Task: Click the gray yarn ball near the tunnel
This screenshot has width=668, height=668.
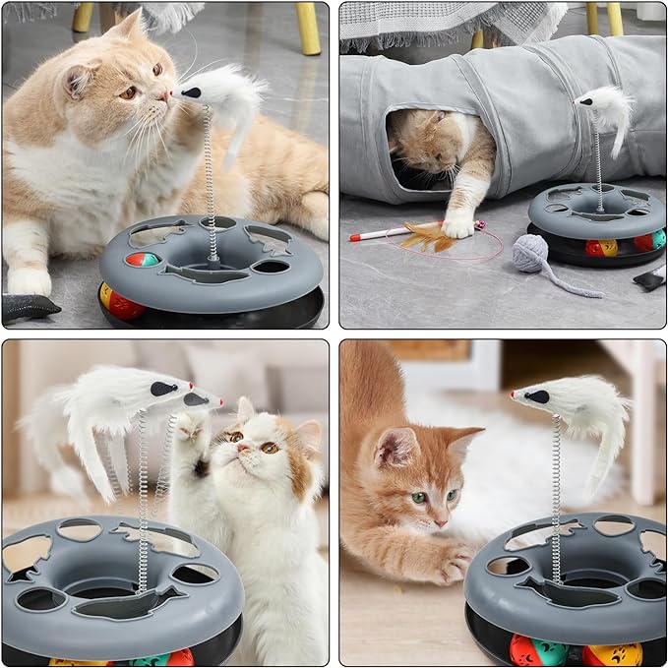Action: click(530, 253)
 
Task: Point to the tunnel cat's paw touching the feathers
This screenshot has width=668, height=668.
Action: click(456, 227)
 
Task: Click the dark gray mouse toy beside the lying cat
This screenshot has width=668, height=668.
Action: click(28, 308)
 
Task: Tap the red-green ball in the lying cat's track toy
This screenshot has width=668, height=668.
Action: click(142, 260)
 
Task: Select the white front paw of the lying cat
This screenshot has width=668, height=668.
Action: click(29, 281)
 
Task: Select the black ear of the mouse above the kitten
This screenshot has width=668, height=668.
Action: click(538, 396)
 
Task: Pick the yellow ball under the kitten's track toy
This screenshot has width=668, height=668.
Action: click(612, 653)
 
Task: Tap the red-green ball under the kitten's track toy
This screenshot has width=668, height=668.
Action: click(537, 650)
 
